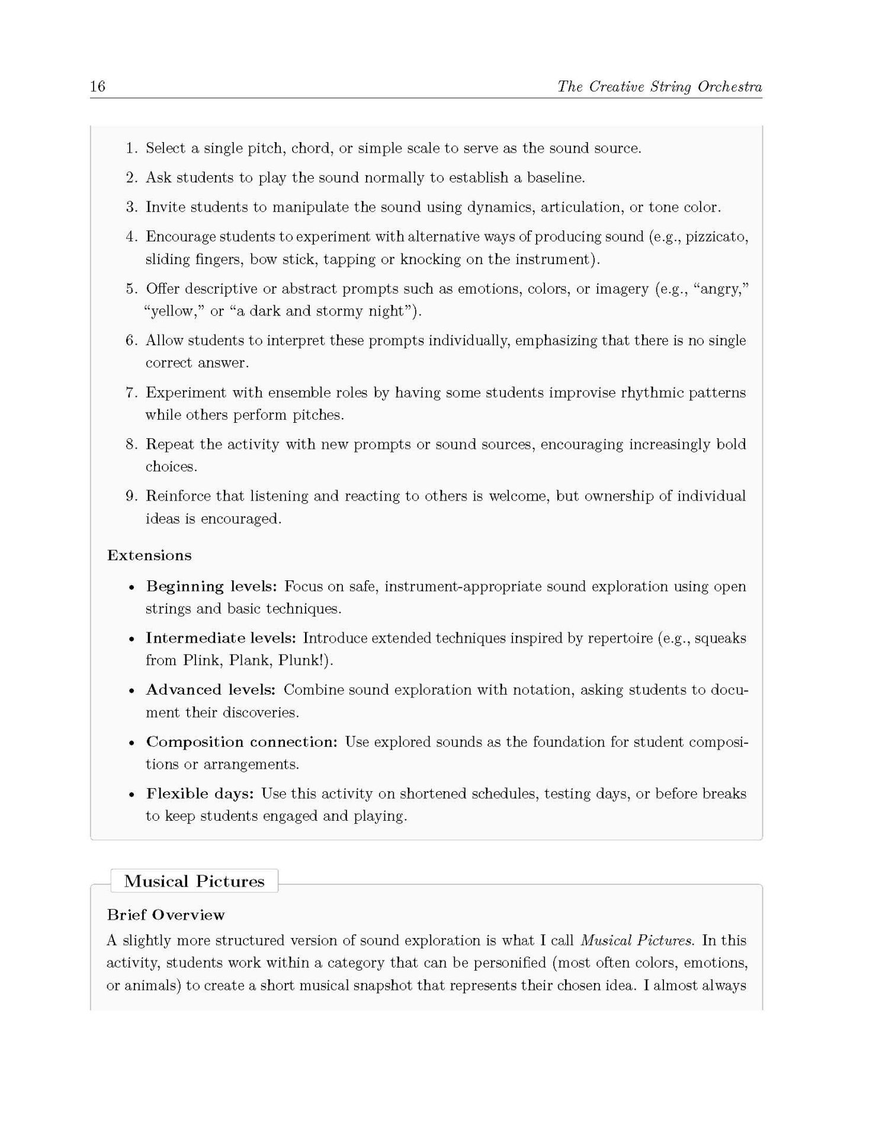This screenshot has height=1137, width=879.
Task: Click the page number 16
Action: coord(98,86)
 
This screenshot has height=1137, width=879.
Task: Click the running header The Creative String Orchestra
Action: coord(659,86)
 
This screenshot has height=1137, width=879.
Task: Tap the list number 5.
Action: coord(131,289)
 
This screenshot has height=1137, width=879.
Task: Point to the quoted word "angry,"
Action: coord(725,289)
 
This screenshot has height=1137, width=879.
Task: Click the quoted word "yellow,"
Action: coord(174,311)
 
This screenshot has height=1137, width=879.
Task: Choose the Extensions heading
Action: coord(149,555)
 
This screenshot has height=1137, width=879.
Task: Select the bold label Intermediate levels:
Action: coord(221,638)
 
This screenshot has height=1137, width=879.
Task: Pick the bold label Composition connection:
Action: coord(242,742)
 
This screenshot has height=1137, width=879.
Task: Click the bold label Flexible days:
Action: coord(200,794)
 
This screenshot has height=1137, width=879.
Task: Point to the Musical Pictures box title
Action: coord(194,882)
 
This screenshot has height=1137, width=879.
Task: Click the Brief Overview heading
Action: coord(166,915)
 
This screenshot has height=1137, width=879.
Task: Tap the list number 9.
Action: coord(131,496)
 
